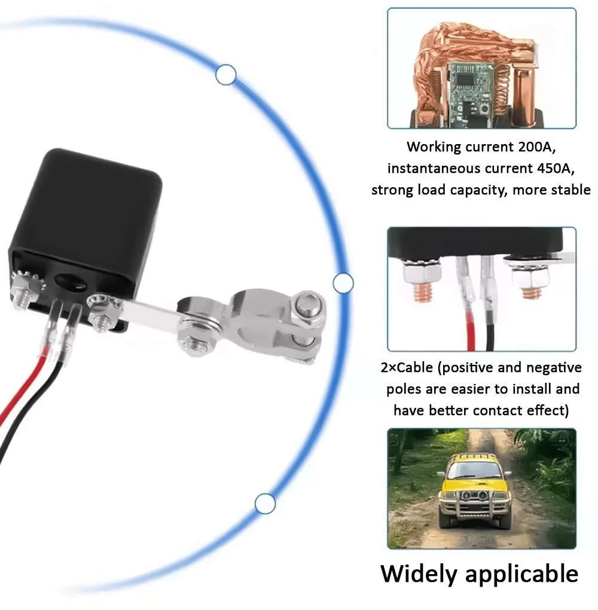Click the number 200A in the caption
(x=542, y=147)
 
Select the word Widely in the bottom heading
(x=420, y=574)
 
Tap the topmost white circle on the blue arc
(x=225, y=75)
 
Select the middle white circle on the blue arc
(x=343, y=283)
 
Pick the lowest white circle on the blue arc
(x=265, y=504)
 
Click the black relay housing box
(x=90, y=215)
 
